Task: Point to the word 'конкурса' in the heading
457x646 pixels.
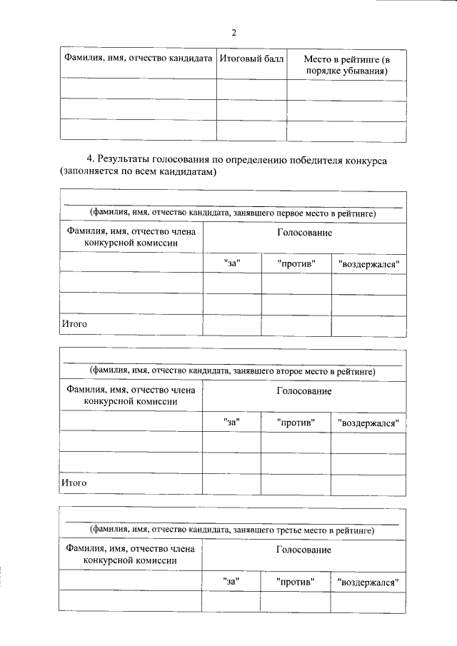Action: (363, 160)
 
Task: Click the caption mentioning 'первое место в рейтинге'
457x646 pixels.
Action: (232, 213)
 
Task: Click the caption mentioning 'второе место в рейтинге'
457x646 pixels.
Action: (232, 371)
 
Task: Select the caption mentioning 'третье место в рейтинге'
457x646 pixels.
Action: (232, 530)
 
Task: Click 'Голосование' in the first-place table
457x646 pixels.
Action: (304, 233)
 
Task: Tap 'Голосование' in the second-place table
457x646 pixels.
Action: (304, 391)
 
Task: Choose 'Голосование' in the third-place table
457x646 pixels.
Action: (304, 550)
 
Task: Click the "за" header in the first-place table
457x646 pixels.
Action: (232, 263)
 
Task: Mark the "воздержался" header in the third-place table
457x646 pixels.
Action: (368, 582)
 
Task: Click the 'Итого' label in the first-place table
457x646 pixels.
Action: (74, 324)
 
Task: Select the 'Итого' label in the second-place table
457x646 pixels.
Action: (74, 483)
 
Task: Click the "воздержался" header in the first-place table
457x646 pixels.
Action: (368, 263)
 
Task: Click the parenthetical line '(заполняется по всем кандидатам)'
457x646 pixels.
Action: (138, 173)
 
